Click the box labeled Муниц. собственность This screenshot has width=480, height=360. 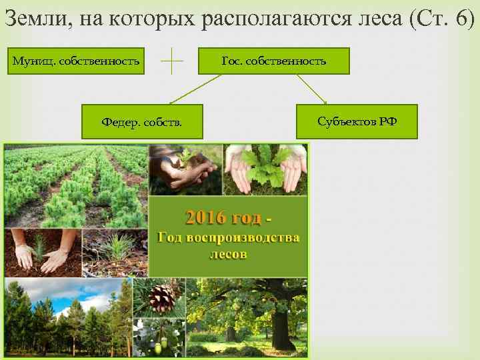point(77,61)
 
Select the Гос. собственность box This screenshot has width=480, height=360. point(274,61)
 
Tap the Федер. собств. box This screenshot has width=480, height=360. point(142,122)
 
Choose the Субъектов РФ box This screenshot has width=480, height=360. point(357,122)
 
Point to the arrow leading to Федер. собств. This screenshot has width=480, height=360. point(193,89)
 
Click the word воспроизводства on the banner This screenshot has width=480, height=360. point(246,238)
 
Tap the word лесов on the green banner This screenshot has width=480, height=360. point(228,254)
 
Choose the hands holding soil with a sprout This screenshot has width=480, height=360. point(183,170)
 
